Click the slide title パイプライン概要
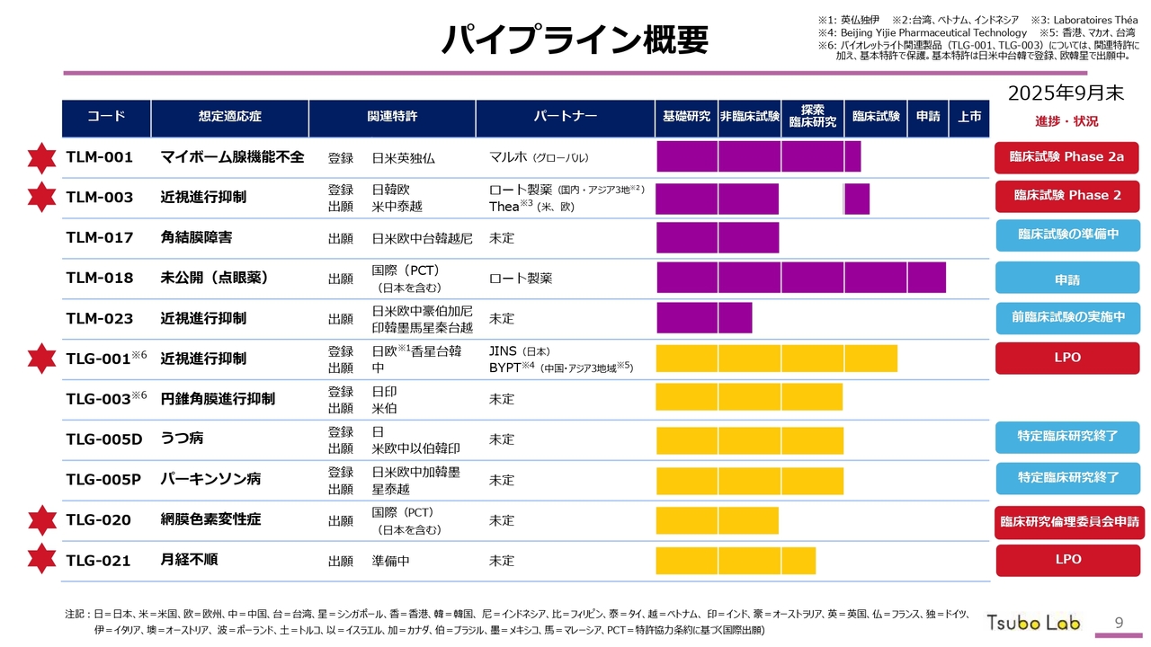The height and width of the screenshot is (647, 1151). (575, 40)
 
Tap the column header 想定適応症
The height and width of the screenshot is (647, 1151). (229, 117)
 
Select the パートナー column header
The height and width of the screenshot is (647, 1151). (565, 117)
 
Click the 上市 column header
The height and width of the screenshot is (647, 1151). (968, 117)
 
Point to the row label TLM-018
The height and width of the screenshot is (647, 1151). (100, 278)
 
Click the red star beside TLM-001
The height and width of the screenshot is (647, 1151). (41, 157)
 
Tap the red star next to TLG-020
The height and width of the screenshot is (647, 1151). (41, 520)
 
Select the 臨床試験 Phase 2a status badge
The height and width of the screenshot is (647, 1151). (1066, 157)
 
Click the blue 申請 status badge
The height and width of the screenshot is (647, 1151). (1066, 279)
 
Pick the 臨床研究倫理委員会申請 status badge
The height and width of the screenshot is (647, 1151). (1068, 522)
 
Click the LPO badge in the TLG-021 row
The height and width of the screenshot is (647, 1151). (1067, 560)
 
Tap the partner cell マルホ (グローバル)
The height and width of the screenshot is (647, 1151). (539, 157)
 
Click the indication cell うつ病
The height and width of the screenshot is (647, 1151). (182, 439)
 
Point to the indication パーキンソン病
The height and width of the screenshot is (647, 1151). (210, 479)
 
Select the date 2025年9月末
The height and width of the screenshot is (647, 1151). (1066, 93)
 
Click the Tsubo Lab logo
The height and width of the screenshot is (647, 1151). (1033, 622)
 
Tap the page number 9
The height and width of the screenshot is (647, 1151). (1119, 622)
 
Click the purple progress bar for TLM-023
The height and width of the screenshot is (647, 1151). (704, 318)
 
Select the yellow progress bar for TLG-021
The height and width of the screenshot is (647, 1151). (736, 561)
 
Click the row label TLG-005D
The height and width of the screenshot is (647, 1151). (104, 439)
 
